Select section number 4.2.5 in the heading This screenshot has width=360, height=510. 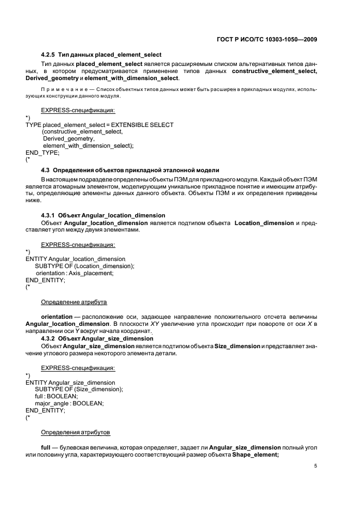coord(49,54)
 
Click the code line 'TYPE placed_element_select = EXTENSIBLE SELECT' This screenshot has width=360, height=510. coord(100,125)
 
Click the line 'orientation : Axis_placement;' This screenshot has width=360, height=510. coord(75,273)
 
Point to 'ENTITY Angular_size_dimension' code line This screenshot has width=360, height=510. coord(70,382)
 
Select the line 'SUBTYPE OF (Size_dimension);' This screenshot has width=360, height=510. coord(79,389)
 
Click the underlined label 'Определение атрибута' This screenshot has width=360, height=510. coord(74,302)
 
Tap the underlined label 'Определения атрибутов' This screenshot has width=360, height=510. coord(75,432)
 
